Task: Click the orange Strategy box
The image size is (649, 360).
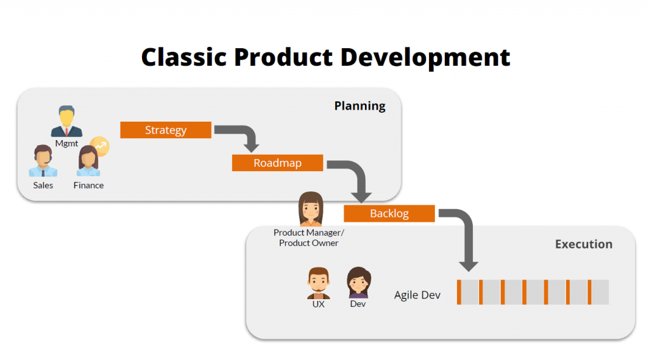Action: coord(165,130)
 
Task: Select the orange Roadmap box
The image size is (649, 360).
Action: coord(277,163)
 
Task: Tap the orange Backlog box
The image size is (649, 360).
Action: coord(389,214)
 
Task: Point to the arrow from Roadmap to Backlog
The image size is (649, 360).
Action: coord(355,174)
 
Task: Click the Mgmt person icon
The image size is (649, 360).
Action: coord(67,122)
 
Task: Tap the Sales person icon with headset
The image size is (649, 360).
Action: coord(43,161)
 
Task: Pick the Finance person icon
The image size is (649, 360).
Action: coord(87,161)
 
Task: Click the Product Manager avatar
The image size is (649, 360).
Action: coord(311,209)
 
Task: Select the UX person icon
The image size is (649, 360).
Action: coord(318,283)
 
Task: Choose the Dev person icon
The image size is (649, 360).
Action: coord(358,283)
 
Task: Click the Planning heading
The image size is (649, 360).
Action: coord(359,106)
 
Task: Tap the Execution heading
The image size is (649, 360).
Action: coord(583,244)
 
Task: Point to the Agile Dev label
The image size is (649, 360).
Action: coord(417,295)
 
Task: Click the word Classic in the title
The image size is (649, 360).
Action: coord(184,57)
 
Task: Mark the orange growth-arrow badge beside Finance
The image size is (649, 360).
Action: coord(100,146)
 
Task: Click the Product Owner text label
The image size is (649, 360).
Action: coord(309,243)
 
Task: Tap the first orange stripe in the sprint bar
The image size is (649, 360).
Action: coord(459,292)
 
